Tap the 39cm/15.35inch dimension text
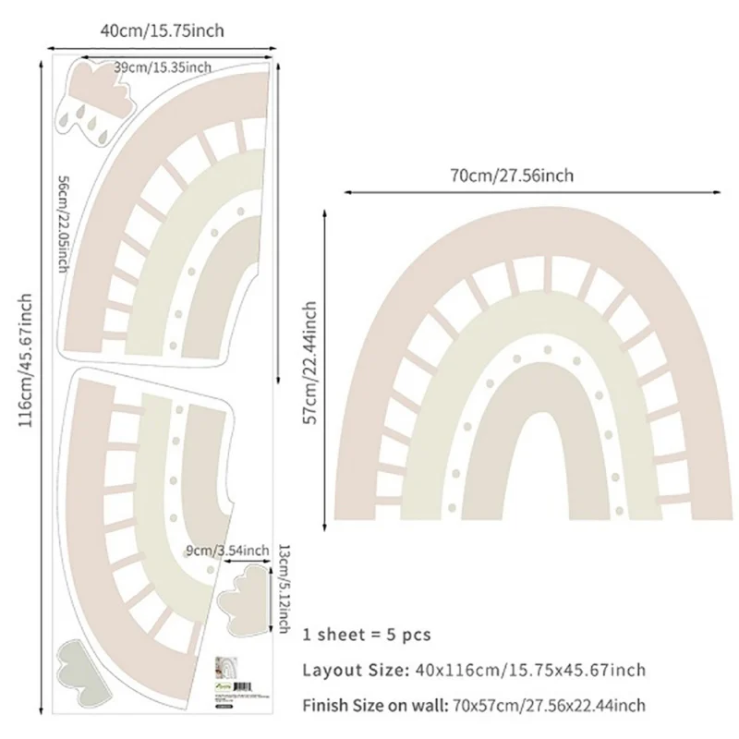164,67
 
